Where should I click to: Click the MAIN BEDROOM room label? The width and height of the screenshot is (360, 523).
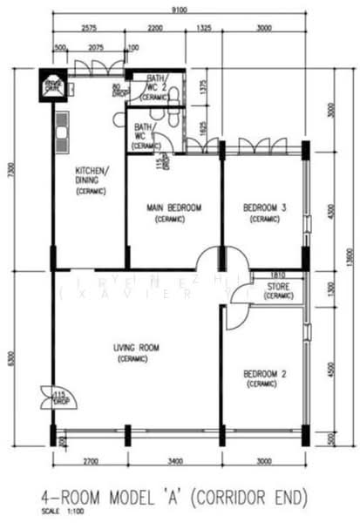173,207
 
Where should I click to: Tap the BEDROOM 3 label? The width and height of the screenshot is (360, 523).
264,207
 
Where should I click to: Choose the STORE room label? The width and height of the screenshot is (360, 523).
278,285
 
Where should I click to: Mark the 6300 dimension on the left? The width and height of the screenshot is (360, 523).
10,357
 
